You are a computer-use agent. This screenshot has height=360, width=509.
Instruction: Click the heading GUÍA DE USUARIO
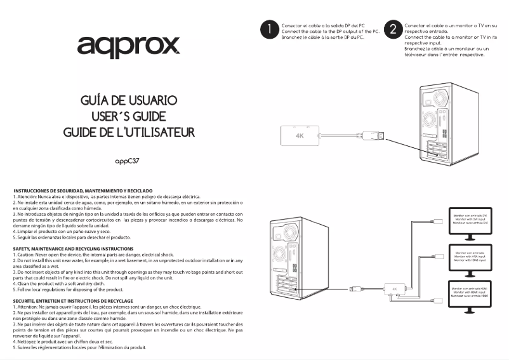(128, 101)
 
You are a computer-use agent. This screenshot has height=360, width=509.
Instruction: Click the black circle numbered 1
(270, 29)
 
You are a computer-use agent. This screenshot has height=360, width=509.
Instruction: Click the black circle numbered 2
(393, 29)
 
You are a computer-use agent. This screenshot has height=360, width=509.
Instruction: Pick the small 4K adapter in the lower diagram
(395, 288)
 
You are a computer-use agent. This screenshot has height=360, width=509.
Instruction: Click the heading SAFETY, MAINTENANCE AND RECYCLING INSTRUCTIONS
(73, 248)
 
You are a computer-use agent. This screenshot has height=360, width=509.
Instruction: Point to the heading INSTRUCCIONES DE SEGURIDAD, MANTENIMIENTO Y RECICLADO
(83, 190)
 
